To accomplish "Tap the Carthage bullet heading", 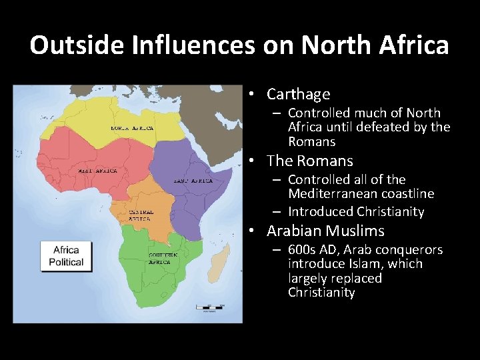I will tap(298, 95).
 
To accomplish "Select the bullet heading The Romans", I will tap(309, 161).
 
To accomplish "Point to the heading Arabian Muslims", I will tap(325, 231).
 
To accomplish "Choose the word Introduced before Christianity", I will tap(319, 211).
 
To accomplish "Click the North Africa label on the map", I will tap(132, 128).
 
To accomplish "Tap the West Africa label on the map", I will tap(97, 171).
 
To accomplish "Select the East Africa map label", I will tap(193, 181).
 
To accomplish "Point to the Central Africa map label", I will tap(142, 215).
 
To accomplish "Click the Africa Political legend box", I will tap(66, 256).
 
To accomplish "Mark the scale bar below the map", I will tap(208, 307).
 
